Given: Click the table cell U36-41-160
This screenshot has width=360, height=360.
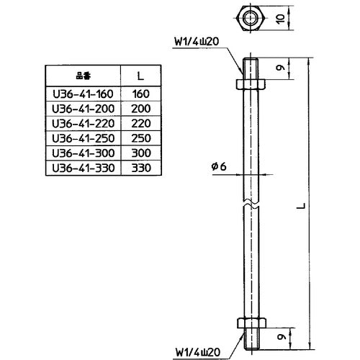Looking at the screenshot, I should (84, 93).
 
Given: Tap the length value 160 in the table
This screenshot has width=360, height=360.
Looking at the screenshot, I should (142, 93).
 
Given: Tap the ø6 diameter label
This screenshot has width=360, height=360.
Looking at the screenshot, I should (219, 166).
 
